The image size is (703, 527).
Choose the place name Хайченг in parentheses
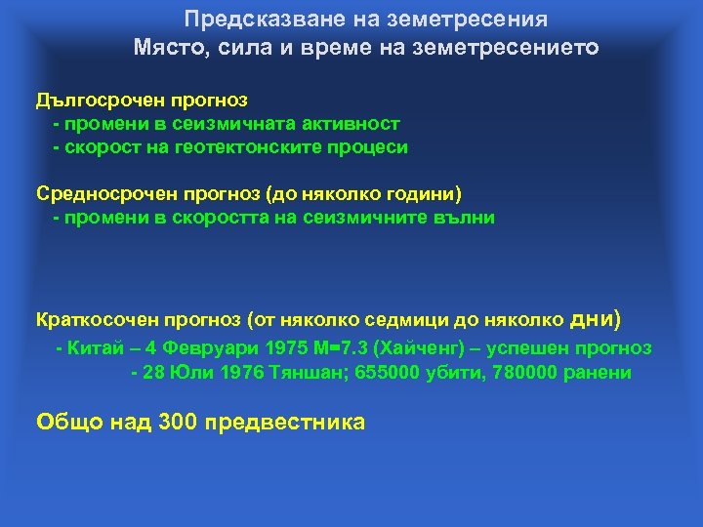tap(413, 348)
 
